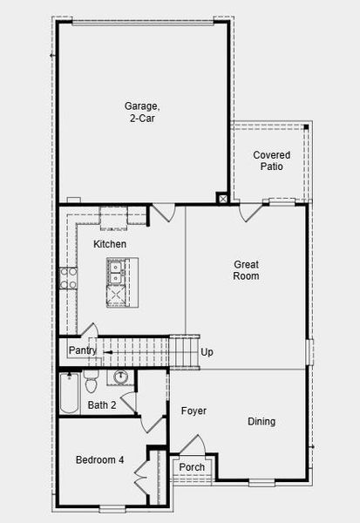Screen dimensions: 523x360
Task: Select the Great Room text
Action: pyautogui.click(x=247, y=270)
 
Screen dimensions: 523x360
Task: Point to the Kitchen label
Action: pyautogui.click(x=110, y=244)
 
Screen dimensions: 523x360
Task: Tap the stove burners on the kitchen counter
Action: pyautogui.click(x=68, y=277)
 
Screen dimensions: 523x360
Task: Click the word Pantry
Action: pyautogui.click(x=83, y=350)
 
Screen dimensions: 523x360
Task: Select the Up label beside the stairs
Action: pyautogui.click(x=207, y=352)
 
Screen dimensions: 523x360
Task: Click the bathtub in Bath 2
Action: pyautogui.click(x=70, y=393)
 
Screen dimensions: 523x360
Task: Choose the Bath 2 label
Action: pyautogui.click(x=102, y=405)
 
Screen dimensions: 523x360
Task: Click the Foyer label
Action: pyautogui.click(x=194, y=411)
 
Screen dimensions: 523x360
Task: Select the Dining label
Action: pyautogui.click(x=262, y=422)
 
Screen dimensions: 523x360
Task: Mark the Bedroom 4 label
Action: pyautogui.click(x=99, y=460)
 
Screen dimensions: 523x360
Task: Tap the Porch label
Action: pyautogui.click(x=192, y=467)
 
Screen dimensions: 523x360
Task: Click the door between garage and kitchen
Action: pyautogui.click(x=164, y=213)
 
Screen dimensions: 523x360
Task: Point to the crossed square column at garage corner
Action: pyautogui.click(x=223, y=199)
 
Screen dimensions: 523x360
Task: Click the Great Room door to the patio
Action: pyautogui.click(x=251, y=212)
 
